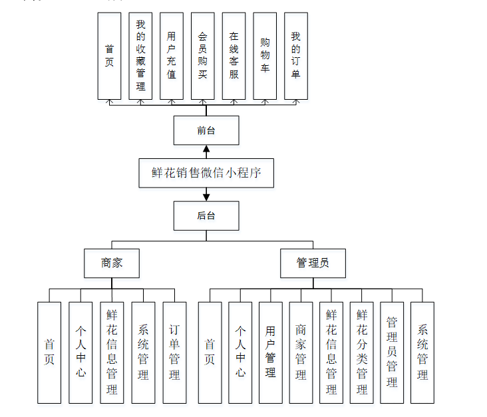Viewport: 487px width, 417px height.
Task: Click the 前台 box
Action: tap(206, 130)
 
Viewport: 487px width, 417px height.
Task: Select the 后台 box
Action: tap(206, 215)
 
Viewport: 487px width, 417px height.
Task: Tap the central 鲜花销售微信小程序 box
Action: tap(206, 173)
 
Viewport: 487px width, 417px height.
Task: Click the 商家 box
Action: tap(112, 263)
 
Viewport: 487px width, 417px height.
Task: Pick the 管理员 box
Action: tap(313, 263)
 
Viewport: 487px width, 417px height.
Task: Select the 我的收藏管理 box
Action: tap(140, 56)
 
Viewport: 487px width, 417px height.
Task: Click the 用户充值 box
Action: tap(172, 56)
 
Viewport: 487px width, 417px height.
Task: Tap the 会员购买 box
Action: tap(203, 56)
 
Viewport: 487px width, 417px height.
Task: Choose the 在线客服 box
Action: tap(234, 56)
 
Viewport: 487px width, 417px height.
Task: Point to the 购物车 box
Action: tap(265, 56)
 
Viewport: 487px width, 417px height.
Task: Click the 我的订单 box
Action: tap(296, 56)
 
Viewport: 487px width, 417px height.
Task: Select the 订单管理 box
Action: tap(174, 352)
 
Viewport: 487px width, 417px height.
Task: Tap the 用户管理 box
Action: tap(271, 352)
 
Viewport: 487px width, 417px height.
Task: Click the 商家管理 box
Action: tap(301, 352)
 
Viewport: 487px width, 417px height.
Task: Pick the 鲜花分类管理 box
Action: tap(361, 352)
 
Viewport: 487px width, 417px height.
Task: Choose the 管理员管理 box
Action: tap(392, 352)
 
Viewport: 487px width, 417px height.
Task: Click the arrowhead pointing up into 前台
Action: tap(206, 149)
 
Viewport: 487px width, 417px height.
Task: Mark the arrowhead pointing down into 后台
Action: tap(206, 197)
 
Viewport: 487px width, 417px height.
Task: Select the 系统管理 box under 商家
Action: tap(143, 352)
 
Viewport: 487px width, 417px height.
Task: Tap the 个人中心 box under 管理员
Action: tap(240, 352)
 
